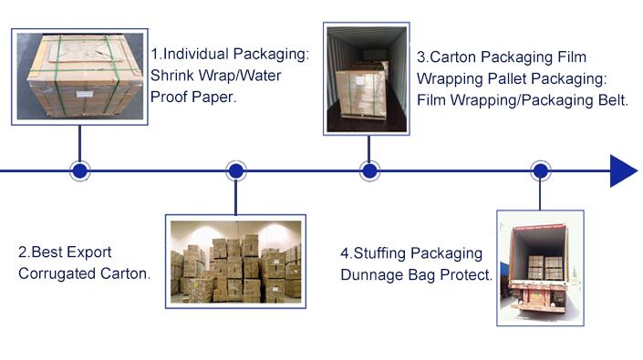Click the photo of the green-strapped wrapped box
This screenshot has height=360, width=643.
(x=80, y=75)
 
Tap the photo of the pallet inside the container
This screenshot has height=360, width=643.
(x=368, y=79)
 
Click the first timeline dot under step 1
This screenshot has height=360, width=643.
(x=80, y=170)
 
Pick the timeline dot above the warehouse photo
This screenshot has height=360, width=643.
(x=235, y=170)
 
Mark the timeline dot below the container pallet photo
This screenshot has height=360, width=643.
(x=369, y=170)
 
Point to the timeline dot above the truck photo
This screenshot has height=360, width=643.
(x=541, y=170)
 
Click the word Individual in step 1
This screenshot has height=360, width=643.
(x=205, y=55)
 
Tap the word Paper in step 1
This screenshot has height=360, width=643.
(x=215, y=97)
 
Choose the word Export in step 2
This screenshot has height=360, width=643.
(x=92, y=252)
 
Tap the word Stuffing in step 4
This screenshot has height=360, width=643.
(x=379, y=252)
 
